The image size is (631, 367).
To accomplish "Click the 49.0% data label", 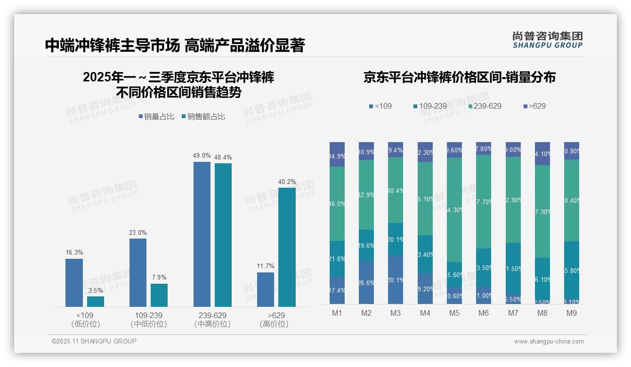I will click(202, 156).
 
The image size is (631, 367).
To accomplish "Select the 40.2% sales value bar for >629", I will click(287, 247).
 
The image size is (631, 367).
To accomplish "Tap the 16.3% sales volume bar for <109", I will click(74, 282).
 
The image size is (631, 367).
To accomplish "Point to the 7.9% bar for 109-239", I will click(159, 295).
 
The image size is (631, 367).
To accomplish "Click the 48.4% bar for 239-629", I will click(223, 235).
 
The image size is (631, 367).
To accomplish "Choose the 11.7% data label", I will click(266, 266).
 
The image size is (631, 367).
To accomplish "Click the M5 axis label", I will click(454, 313).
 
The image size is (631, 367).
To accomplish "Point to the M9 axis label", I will click(572, 313).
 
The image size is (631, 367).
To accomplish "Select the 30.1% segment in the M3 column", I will click(396, 279).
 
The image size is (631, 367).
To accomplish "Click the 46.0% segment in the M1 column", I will click(337, 204).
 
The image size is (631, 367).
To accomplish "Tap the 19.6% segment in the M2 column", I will click(366, 245).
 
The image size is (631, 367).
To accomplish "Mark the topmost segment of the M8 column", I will click(542, 153).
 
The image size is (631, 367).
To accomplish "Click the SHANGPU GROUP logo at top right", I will click(548, 40).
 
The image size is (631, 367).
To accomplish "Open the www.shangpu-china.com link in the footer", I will click(549, 342).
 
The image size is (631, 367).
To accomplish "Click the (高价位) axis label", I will click(274, 324).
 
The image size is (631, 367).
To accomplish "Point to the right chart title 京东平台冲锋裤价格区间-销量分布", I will click(459, 78).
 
